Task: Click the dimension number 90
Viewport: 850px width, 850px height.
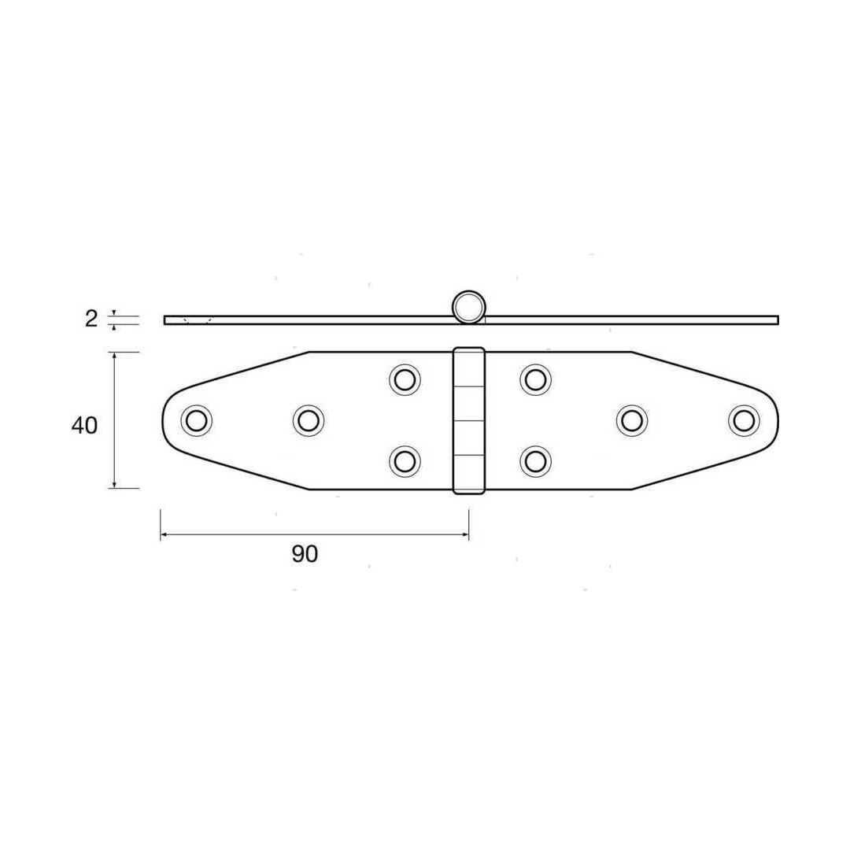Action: coord(305,554)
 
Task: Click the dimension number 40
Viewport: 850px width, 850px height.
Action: coord(84,426)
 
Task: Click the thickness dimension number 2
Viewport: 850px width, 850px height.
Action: coord(91,319)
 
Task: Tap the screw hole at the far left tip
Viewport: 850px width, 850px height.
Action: coord(196,420)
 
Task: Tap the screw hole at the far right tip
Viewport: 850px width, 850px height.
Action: coord(744,420)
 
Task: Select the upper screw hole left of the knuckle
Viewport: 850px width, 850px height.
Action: coord(405,379)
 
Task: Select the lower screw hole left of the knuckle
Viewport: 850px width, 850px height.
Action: coord(405,461)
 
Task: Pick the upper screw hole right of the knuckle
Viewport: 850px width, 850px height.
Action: coord(536,379)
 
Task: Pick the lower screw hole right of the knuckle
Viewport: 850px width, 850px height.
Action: coord(536,461)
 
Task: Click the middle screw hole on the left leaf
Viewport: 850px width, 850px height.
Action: coord(309,420)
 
